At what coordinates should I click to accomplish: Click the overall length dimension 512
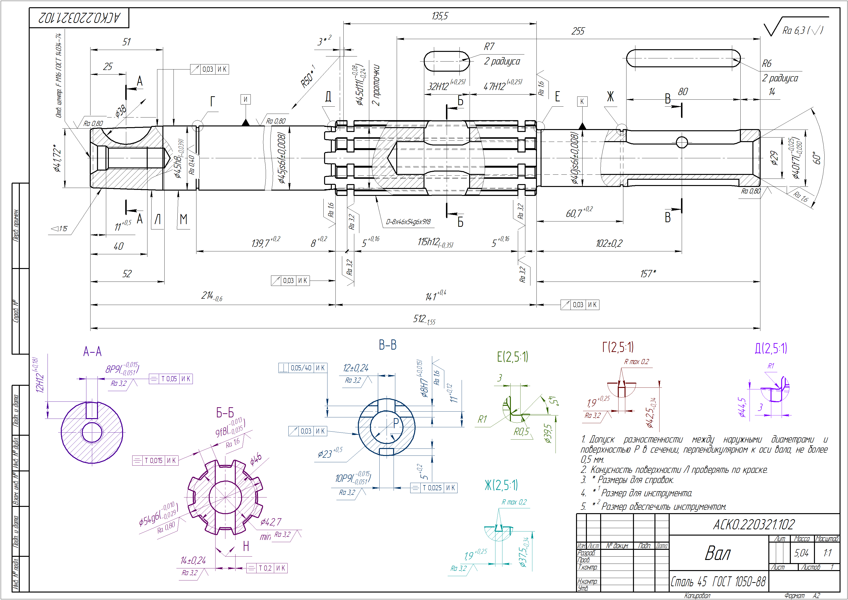(x=424, y=319)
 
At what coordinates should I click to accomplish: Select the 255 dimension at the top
(x=578, y=31)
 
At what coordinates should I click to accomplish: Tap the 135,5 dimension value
(x=440, y=16)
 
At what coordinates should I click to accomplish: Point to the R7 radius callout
(x=489, y=47)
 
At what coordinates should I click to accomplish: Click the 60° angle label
(x=817, y=158)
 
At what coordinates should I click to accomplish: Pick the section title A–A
(x=92, y=351)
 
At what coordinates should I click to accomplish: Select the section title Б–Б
(x=225, y=413)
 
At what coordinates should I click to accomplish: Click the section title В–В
(x=388, y=345)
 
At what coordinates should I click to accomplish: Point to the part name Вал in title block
(x=718, y=553)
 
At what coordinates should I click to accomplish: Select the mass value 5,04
(x=801, y=553)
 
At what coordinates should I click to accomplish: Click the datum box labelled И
(x=245, y=99)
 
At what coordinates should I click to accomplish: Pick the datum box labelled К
(x=582, y=102)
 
